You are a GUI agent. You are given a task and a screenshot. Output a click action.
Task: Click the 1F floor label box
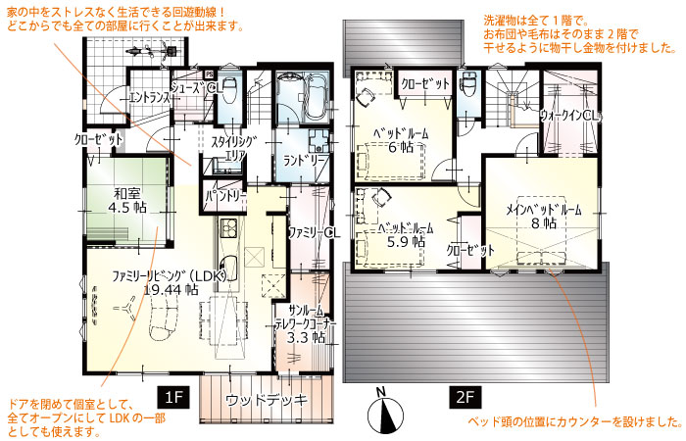[173, 397]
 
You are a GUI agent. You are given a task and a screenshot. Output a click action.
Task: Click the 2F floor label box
[465, 397]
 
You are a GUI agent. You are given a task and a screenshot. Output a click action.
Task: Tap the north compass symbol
[385, 412]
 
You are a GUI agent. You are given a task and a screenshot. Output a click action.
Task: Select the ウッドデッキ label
[267, 400]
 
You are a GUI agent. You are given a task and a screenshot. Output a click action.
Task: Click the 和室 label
[127, 194]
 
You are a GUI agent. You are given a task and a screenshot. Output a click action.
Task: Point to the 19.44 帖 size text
[171, 289]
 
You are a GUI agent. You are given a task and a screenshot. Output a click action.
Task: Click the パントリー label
[225, 195]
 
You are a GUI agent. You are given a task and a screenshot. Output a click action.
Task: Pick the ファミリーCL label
[314, 232]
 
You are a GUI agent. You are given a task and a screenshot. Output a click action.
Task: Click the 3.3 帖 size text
[306, 337]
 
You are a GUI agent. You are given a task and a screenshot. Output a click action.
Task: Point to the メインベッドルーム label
[544, 210]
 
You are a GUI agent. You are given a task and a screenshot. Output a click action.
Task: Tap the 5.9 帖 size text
[406, 241]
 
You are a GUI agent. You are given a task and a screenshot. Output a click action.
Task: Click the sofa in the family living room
[165, 320]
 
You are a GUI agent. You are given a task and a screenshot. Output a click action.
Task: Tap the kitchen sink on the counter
[227, 267]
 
